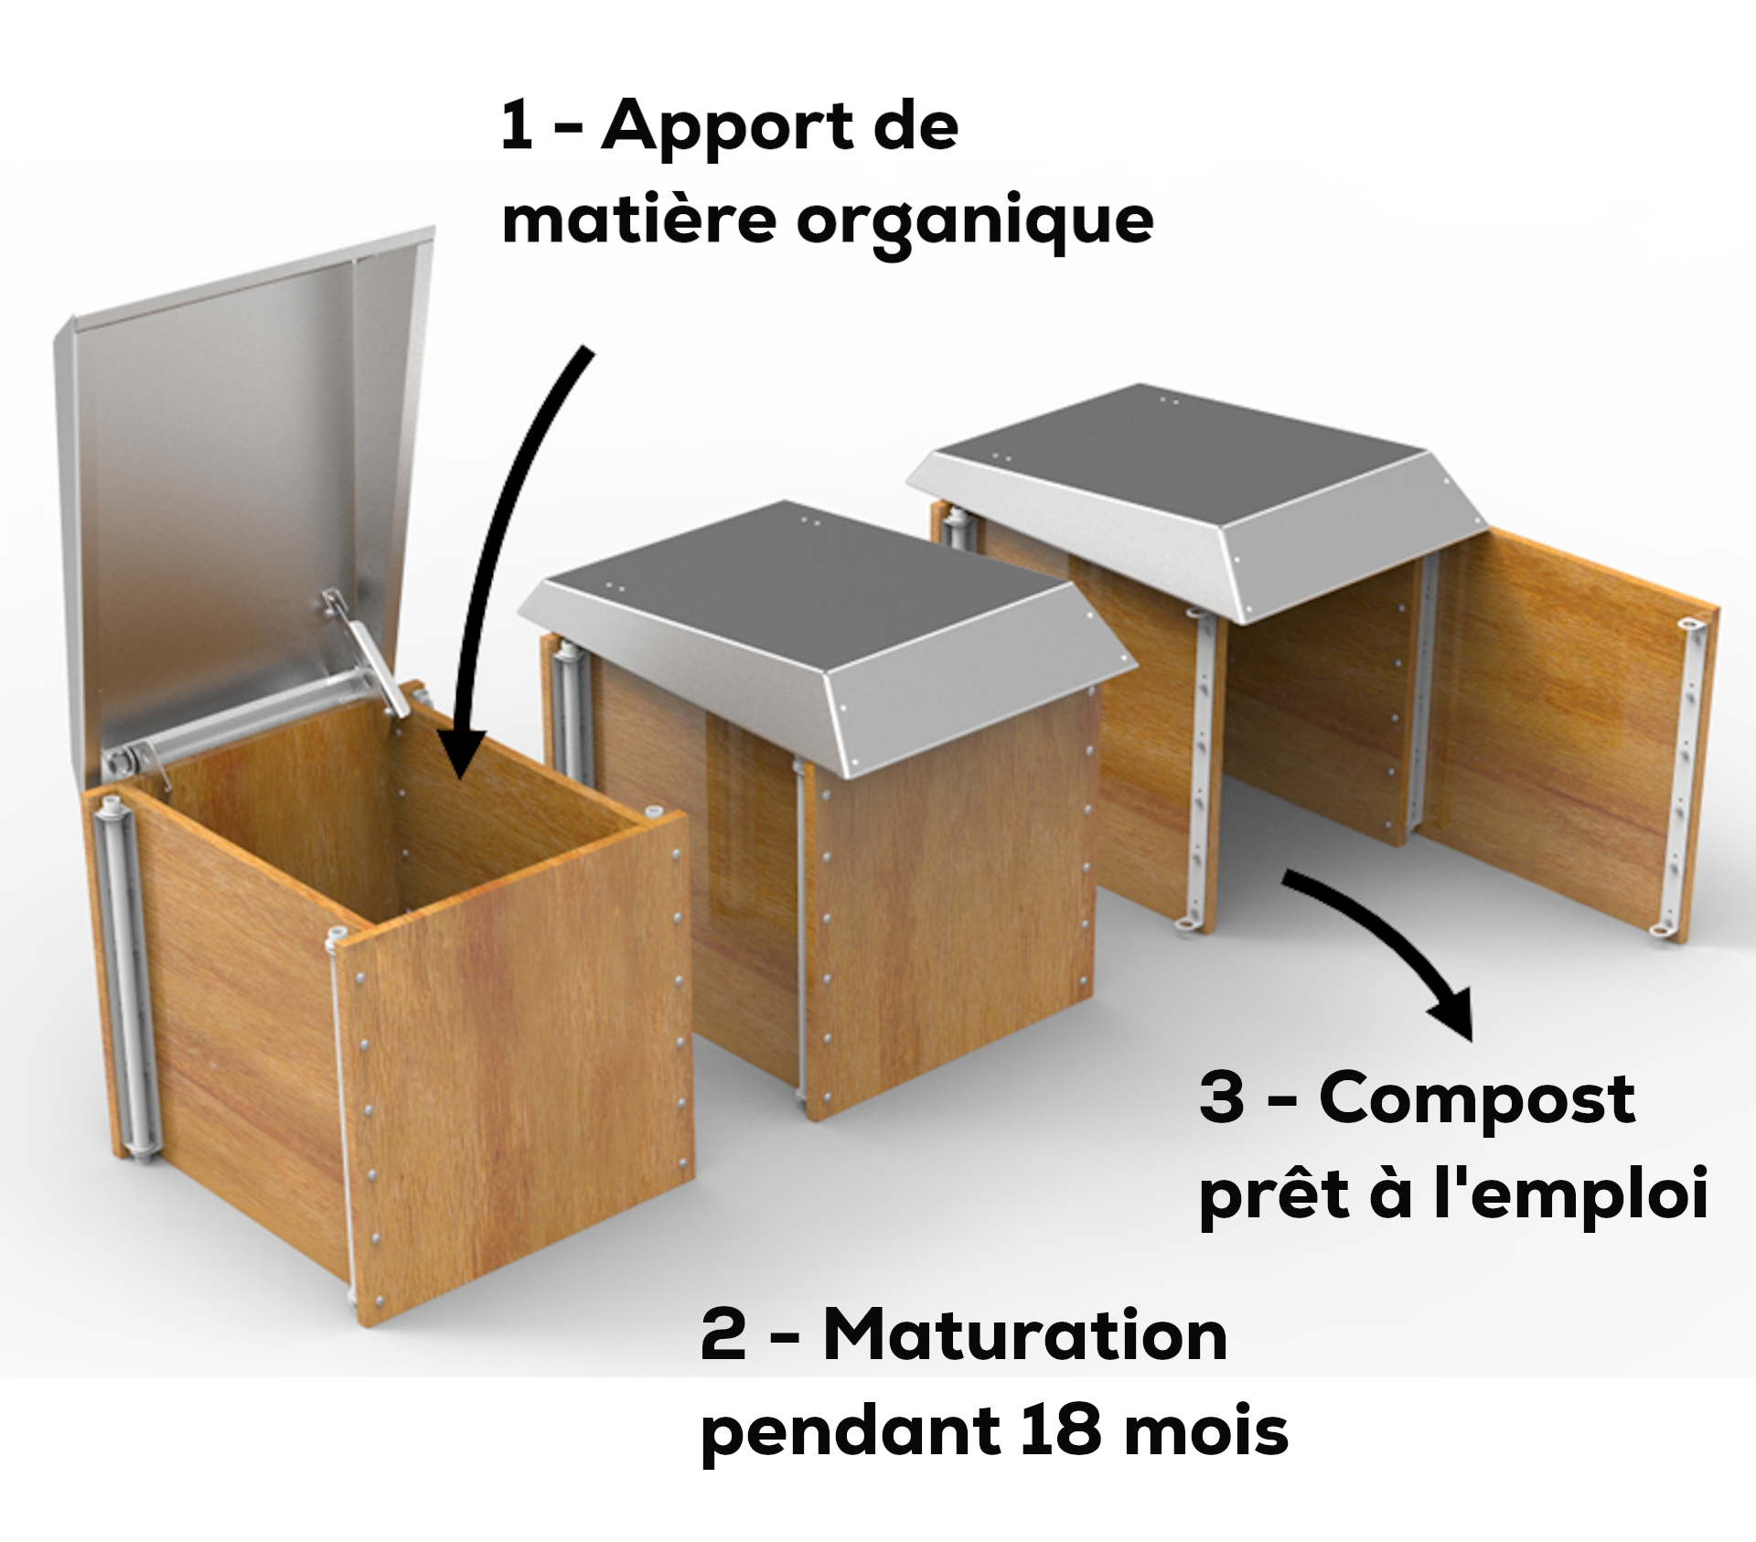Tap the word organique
[974, 222]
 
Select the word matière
[638, 220]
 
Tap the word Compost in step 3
[1476, 1098]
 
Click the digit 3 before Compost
[1221, 1098]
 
